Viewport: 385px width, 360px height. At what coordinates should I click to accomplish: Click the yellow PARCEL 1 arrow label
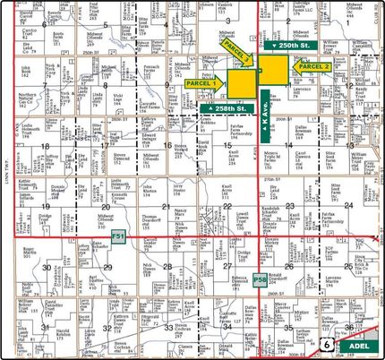point(207,82)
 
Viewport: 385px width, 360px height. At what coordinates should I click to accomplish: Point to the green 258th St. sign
point(223,108)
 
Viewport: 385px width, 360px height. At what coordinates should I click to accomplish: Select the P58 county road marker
point(260,280)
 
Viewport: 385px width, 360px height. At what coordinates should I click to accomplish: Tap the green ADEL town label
point(358,344)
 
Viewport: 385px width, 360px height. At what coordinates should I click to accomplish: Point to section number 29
point(108,266)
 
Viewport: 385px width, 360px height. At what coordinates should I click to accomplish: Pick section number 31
point(46,327)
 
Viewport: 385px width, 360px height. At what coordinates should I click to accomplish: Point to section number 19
point(46,205)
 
